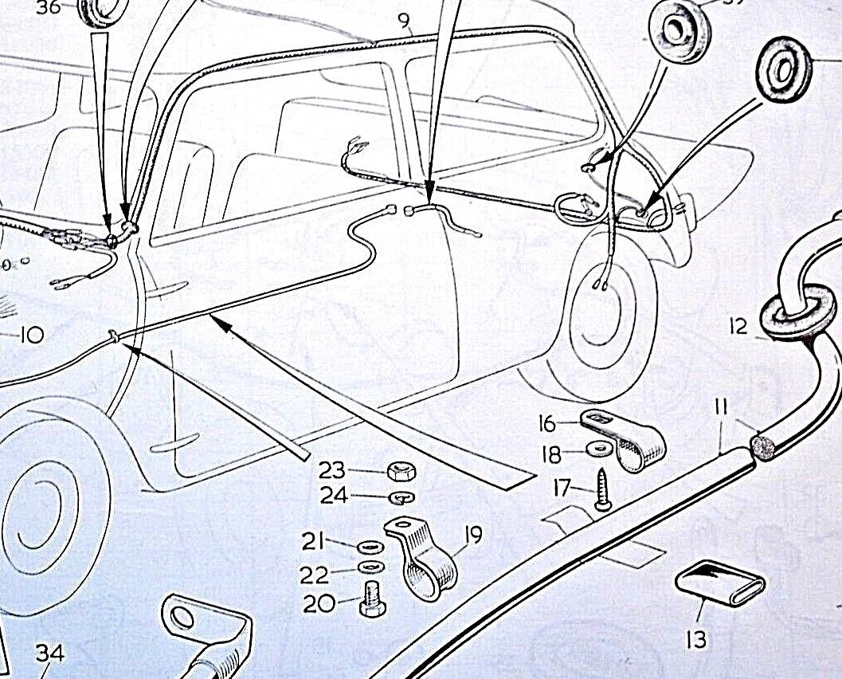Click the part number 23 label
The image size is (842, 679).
332,469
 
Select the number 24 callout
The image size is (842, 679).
335,496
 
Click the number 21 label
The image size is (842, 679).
314,543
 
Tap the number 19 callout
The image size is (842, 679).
473,534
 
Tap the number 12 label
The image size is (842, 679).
738,326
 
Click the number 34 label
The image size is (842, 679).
49,653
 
